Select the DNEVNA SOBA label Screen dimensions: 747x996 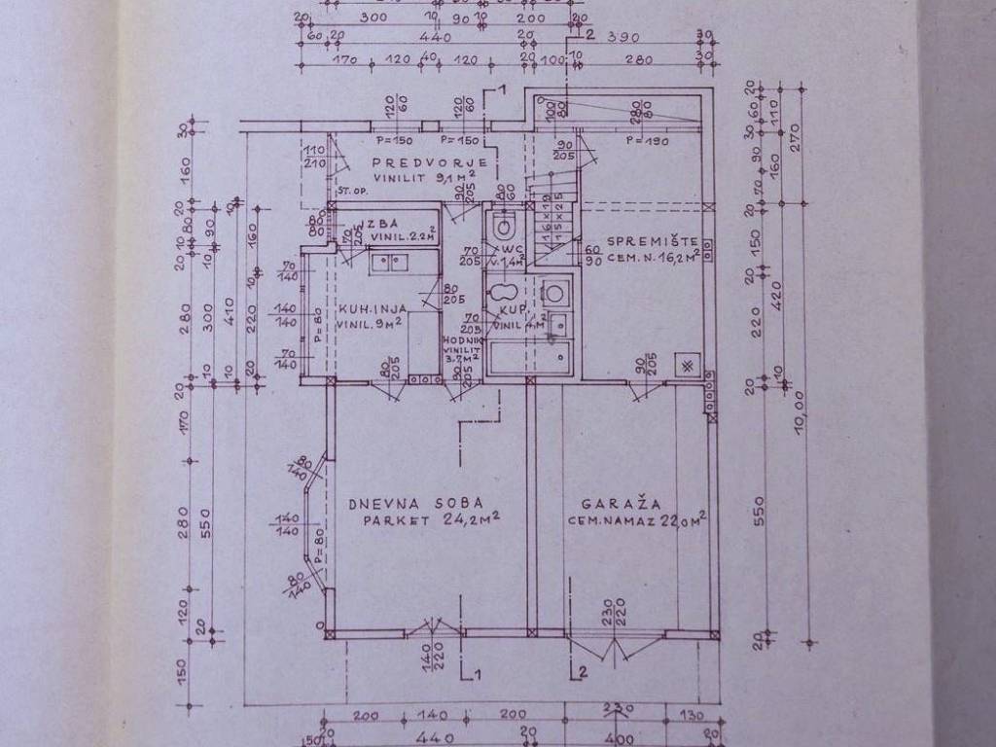(403, 504)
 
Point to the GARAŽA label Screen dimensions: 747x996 (622, 505)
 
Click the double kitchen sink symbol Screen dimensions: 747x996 (392, 261)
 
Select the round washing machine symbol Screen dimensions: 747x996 (555, 291)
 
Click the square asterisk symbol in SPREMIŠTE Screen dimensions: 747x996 (687, 365)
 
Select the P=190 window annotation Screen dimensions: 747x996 (644, 141)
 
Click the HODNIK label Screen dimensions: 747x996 (458, 340)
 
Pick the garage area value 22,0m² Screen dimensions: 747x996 (685, 520)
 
